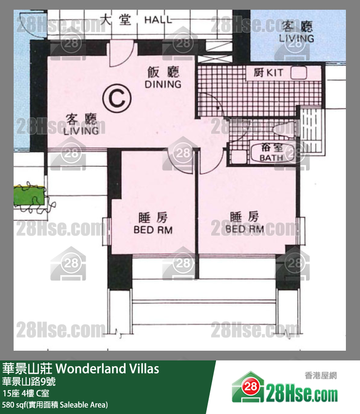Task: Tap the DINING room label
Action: (163, 78)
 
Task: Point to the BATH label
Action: (271, 152)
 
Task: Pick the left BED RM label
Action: (153, 224)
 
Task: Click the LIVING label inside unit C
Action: (81, 125)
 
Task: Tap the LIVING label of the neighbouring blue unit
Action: (296, 32)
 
